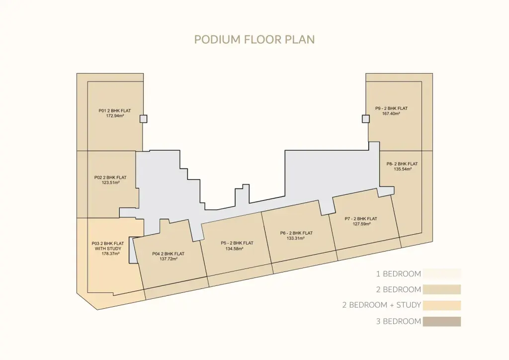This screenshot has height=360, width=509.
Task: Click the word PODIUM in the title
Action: pyautogui.click(x=218, y=40)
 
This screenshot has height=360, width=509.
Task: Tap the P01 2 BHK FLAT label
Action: pyautogui.click(x=115, y=111)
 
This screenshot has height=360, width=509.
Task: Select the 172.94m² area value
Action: pyautogui.click(x=115, y=116)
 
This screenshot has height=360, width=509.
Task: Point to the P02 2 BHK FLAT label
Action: pyautogui.click(x=110, y=178)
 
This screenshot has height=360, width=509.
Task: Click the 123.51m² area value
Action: pyautogui.click(x=111, y=183)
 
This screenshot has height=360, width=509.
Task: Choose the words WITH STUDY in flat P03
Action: pyautogui.click(x=108, y=249)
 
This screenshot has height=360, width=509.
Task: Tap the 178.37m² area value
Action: pyautogui.click(x=111, y=254)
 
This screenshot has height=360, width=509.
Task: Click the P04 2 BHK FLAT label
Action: pyautogui.click(x=168, y=254)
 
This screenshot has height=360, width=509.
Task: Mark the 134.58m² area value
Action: pyautogui.click(x=235, y=249)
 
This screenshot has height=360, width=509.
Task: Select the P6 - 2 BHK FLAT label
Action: pyautogui.click(x=296, y=233)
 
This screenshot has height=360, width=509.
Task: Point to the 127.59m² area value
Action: pyautogui.click(x=362, y=224)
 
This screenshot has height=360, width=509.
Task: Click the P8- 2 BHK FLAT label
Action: pyautogui.click(x=402, y=164)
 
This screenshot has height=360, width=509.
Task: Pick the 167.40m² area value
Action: pyautogui.click(x=391, y=113)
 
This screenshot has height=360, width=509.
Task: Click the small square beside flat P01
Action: pyautogui.click(x=144, y=119)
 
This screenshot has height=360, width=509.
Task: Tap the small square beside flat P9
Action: pyautogui.click(x=366, y=119)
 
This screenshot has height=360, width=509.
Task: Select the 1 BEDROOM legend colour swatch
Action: pyautogui.click(x=442, y=273)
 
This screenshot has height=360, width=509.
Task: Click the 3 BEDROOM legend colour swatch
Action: pyautogui.click(x=442, y=321)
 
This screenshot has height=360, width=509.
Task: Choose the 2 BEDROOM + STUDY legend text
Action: pyautogui.click(x=382, y=305)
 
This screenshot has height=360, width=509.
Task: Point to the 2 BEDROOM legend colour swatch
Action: pyautogui.click(x=442, y=289)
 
